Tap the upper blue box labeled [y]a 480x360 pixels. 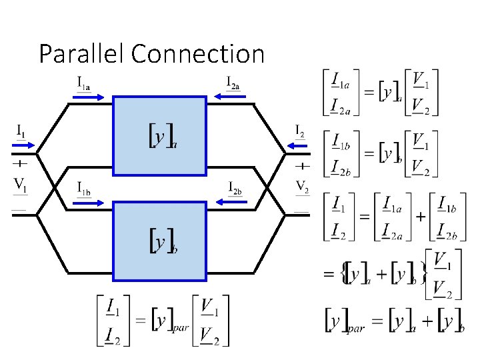pyautogui.click(x=161, y=135)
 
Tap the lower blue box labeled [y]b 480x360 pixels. pyautogui.click(x=161, y=241)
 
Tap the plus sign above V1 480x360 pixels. pyautogui.click(x=21, y=162)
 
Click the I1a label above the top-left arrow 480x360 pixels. pyautogui.click(x=84, y=83)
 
